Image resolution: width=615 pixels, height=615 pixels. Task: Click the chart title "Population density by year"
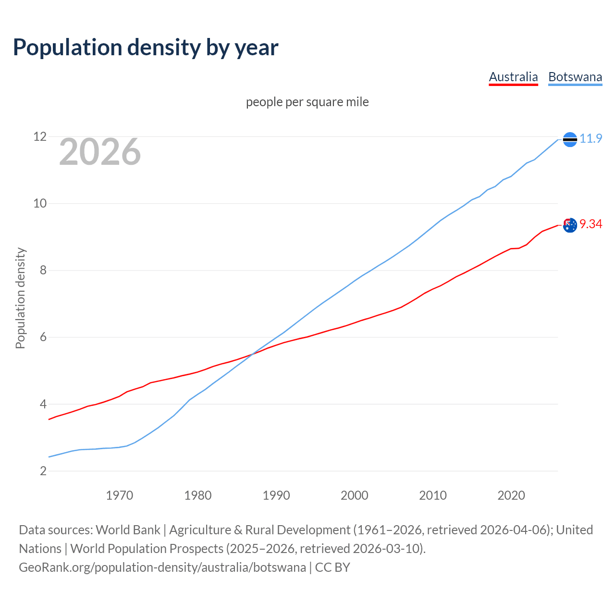146,48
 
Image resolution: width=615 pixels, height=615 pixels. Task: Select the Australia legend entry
513,77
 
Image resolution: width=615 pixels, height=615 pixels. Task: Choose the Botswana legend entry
575,77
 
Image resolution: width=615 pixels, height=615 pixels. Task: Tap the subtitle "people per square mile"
307,102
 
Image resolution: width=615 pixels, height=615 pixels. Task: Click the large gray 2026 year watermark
100,152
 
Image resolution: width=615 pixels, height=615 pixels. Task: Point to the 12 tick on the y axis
40,137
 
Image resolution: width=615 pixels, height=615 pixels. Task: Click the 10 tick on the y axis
40,204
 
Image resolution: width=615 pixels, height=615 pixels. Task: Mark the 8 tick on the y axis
43,271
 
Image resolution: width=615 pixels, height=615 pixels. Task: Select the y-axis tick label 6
43,337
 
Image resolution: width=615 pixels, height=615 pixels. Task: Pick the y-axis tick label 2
43,471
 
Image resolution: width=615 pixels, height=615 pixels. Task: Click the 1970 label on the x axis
120,495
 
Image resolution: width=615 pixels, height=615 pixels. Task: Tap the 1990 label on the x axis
276,495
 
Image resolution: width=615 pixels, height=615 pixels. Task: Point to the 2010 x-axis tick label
433,495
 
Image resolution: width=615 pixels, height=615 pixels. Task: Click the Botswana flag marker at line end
570,139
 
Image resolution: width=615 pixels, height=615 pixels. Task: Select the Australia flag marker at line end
570,225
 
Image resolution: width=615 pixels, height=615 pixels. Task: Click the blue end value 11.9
590,139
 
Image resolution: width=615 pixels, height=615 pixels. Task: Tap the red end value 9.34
590,224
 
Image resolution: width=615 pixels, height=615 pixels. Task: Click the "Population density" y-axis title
20,298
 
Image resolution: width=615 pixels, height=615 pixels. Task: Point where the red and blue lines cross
252,355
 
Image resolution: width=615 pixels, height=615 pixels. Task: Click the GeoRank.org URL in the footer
162,567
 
